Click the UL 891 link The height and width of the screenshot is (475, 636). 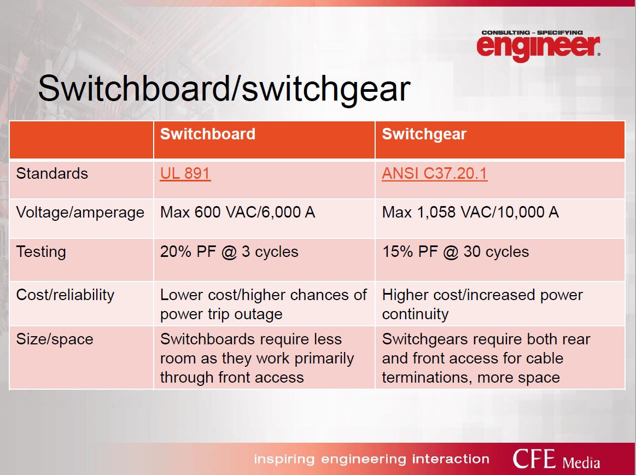185,173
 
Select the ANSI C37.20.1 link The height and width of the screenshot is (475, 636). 434,173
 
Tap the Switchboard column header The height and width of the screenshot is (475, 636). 208,134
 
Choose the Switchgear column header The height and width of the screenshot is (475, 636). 424,134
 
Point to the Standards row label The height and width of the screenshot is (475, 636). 52,173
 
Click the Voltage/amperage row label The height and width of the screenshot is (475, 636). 80,213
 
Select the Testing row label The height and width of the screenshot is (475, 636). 41,252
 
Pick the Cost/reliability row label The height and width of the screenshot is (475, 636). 65,295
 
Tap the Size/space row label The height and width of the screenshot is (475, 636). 55,339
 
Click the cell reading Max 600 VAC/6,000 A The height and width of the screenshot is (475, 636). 238,213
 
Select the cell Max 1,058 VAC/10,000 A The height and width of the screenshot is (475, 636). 470,213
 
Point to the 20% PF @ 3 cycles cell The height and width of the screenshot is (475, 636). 229,251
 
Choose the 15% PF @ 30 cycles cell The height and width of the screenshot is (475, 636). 456,251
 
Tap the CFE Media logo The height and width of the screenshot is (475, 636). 556,459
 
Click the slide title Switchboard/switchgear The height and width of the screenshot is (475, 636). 224,89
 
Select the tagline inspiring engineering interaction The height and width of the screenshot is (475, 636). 371,459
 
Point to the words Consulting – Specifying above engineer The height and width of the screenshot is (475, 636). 532,32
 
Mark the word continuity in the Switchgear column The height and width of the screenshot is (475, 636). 416,314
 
